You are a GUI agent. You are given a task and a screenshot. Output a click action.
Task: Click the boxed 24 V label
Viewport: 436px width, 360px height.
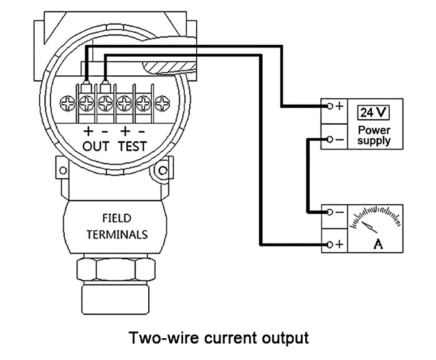coord(373,113)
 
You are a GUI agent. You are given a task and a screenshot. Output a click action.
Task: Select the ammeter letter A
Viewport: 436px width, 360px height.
coord(377,244)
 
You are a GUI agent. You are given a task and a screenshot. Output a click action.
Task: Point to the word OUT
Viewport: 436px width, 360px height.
coord(97,146)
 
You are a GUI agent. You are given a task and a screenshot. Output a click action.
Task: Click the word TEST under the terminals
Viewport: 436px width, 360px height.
coord(131,146)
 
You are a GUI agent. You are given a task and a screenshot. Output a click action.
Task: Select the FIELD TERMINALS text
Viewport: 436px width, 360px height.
coord(116,227)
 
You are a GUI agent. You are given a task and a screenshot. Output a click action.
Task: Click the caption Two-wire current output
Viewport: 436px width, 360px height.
coord(218,338)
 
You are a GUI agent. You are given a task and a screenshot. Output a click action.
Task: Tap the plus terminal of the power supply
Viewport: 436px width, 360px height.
coord(331,106)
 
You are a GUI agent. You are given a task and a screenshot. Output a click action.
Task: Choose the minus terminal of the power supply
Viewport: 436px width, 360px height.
coord(331,140)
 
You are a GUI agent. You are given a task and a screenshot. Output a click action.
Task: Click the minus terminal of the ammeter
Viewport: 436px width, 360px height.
coord(331,212)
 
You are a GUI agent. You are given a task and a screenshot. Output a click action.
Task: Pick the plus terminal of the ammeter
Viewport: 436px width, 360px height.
coord(331,244)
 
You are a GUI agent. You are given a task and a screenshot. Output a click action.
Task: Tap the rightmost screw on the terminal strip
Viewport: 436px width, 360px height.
coord(163,102)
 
